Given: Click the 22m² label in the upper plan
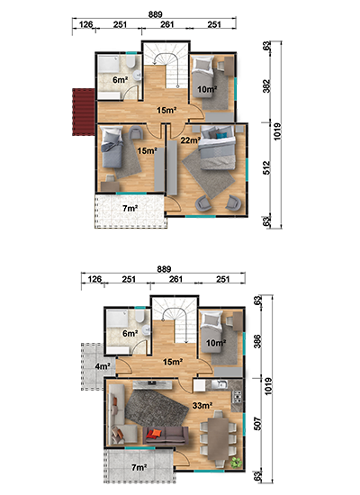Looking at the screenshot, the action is click(191, 139).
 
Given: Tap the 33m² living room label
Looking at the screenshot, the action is click(202, 405).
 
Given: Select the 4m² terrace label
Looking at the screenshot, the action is click(103, 366).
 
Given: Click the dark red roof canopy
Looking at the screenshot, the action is click(84, 112).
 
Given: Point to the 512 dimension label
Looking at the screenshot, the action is click(266, 168).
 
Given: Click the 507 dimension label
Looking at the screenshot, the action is click(257, 424).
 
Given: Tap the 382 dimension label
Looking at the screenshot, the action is click(266, 85).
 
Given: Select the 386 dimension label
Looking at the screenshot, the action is click(257, 341).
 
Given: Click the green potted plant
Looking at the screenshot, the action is click(236, 463).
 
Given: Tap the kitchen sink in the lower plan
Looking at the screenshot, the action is click(220, 384).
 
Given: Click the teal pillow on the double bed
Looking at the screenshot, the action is click(221, 135).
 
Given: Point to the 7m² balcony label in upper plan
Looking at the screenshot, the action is click(130, 209).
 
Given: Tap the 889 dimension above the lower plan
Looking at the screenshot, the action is click(164, 269).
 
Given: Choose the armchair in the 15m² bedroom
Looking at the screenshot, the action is click(136, 132).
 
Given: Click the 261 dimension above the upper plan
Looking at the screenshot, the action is click(167, 24).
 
